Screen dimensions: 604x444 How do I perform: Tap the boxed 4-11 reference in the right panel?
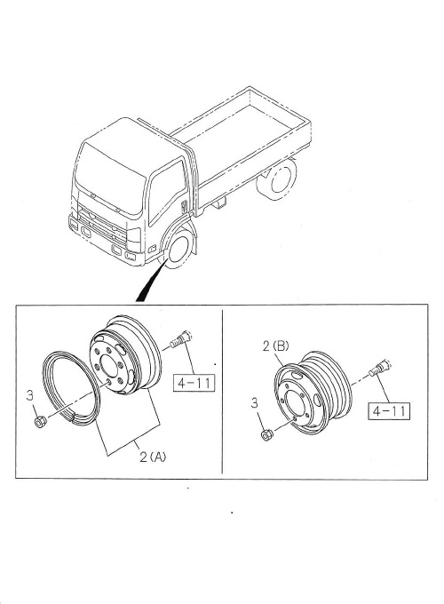tap(388, 411)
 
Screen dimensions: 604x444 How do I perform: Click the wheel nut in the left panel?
tap(39, 421)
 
